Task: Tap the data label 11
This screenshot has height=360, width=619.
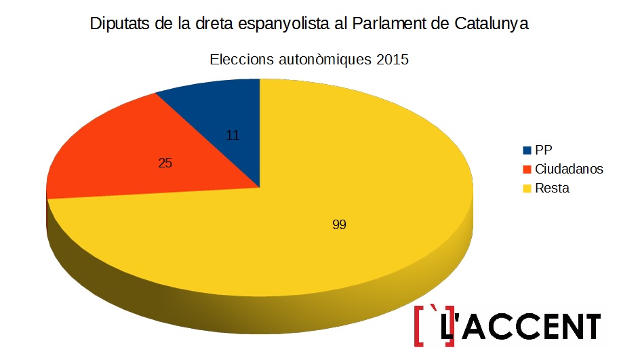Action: click(x=233, y=135)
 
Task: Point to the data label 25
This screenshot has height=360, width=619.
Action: click(x=165, y=163)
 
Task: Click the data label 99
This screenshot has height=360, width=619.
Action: click(x=340, y=224)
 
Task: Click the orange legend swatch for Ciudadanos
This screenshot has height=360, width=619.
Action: click(x=527, y=169)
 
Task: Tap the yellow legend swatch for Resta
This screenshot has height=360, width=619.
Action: click(x=527, y=188)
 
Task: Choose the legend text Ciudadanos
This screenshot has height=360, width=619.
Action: click(x=569, y=169)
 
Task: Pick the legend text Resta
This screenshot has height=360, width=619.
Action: click(x=552, y=188)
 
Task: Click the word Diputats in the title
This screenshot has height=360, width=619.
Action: click(x=119, y=24)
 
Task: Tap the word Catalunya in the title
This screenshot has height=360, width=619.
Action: click(x=490, y=24)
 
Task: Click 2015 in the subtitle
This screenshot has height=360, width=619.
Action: click(x=393, y=60)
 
